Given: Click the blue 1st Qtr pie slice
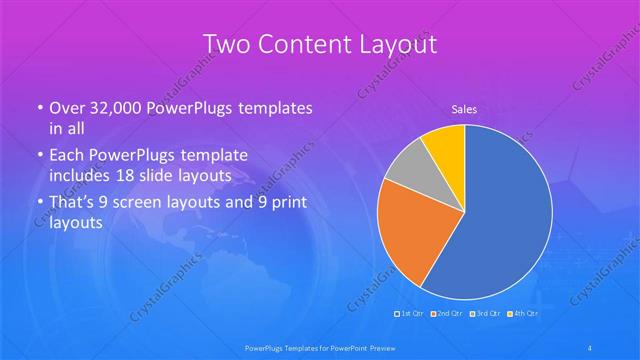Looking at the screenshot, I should pyautogui.click(x=500, y=220).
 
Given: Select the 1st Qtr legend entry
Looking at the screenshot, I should pyautogui.click(x=410, y=313).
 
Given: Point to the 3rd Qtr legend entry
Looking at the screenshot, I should pyautogui.click(x=486, y=313).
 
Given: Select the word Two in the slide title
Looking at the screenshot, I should pyautogui.click(x=226, y=45).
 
